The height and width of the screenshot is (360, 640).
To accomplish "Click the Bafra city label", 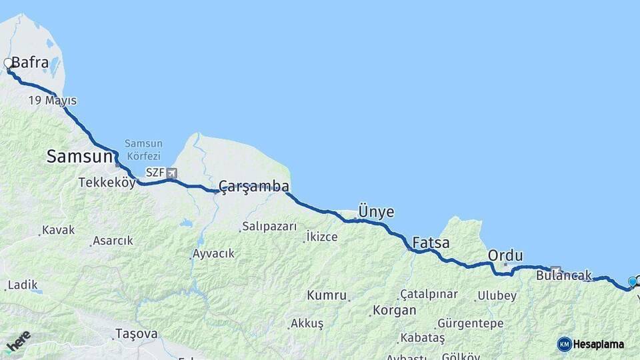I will pyautogui.click(x=30, y=63).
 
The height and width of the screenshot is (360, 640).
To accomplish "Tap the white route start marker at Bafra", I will pyautogui.click(x=8, y=63).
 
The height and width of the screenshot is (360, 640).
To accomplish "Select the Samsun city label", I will pyautogui.click(x=78, y=157).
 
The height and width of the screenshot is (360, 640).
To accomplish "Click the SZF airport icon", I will pyautogui.click(x=172, y=173).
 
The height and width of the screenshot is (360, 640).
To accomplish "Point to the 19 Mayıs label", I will pyautogui.click(x=52, y=101).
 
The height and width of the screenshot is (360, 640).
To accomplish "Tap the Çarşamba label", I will pyautogui.click(x=254, y=186).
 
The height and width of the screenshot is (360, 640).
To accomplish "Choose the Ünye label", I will pyautogui.click(x=376, y=212).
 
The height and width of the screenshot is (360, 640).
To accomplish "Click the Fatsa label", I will pyautogui.click(x=431, y=243).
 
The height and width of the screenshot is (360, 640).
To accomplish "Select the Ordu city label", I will pyautogui.click(x=505, y=255).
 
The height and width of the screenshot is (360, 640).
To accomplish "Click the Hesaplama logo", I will pyautogui.click(x=591, y=344).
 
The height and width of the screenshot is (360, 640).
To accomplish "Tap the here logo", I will pyautogui.click(x=19, y=341).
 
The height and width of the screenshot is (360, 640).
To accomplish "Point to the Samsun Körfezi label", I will pyautogui.click(x=143, y=149).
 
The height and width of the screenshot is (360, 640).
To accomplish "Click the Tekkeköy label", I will pyautogui.click(x=107, y=182).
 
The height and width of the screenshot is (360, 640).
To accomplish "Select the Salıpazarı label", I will pyautogui.click(x=269, y=227).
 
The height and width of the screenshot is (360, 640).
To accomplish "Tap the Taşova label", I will pyautogui.click(x=136, y=333).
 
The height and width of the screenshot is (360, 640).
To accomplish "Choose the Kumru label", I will pyautogui.click(x=327, y=295).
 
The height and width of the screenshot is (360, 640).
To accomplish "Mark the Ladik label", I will pyautogui.click(x=22, y=285).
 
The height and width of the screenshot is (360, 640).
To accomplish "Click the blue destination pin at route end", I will pyautogui.click(x=632, y=282).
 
